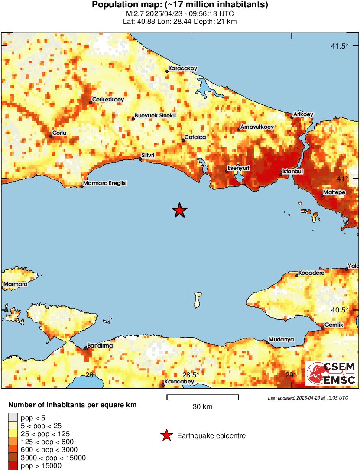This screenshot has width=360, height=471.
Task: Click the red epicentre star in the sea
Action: [x=179, y=211]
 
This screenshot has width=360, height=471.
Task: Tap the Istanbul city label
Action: [x=292, y=172]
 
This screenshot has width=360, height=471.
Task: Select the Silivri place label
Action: [x=150, y=155]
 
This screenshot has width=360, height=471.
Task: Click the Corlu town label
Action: [x=59, y=133]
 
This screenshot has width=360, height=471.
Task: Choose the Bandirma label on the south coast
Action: [x=100, y=345]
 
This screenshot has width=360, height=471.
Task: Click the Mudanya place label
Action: [x=281, y=339]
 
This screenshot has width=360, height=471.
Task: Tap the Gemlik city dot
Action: [x=323, y=328]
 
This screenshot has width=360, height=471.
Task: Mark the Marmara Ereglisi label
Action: [x=104, y=184]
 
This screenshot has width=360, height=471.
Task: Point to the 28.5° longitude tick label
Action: [x=191, y=375]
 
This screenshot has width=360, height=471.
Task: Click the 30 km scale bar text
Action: [x=202, y=407]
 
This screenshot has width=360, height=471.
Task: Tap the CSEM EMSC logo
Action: [x=331, y=374]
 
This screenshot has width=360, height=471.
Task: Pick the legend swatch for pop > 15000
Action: [x=13, y=466]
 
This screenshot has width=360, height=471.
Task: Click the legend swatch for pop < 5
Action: [x=13, y=418]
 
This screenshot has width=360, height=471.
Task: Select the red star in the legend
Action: [x=166, y=436]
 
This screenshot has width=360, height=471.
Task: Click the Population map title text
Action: [x=180, y=5]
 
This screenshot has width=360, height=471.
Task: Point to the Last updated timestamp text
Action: [x=308, y=398]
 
